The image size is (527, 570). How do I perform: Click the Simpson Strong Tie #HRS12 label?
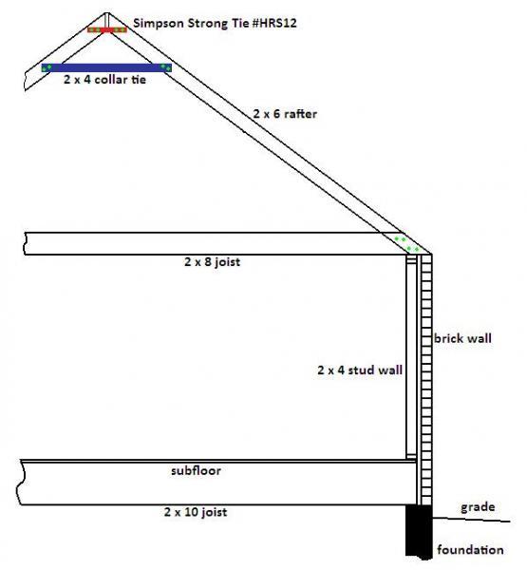215,23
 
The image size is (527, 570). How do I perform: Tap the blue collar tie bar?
106,67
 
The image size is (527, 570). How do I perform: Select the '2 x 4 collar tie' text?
104,79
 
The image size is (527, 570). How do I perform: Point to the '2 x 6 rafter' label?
285,114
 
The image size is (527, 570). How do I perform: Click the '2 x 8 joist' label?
213,262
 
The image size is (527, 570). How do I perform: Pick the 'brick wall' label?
462,338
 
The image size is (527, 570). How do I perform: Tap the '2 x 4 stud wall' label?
360,370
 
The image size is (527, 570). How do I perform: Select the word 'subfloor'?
196,471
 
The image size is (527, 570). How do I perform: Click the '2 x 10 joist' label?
196,512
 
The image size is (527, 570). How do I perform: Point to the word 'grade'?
478,507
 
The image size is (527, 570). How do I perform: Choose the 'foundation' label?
470,549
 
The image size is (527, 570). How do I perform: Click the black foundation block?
419,531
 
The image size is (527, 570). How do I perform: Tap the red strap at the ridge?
107,29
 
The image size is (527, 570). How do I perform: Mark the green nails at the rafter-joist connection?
406,244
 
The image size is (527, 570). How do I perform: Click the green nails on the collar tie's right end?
165,67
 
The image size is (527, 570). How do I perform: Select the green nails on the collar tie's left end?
47,67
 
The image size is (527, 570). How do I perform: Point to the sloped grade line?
471,520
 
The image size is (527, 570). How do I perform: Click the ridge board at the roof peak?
107,21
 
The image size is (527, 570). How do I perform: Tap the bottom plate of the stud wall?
411,457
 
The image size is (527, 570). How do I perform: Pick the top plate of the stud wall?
411,258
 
